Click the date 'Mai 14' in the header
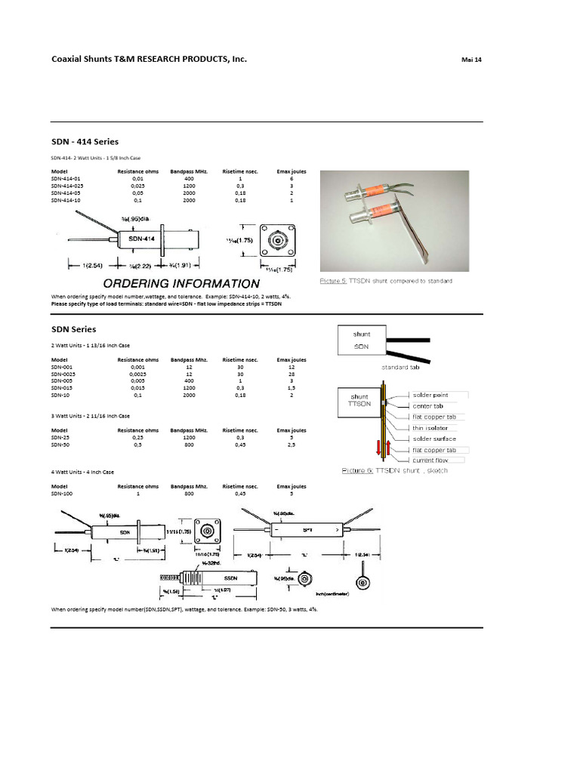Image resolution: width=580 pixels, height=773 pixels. pos(470,60)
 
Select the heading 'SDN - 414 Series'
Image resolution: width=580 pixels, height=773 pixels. pos(85,141)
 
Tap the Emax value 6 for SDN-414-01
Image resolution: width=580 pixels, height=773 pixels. pos(291,179)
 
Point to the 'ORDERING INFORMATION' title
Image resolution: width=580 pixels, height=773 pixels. pos(178,284)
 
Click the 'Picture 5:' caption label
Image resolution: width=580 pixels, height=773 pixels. pos(333,281)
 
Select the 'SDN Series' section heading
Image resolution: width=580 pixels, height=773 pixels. pos(73,329)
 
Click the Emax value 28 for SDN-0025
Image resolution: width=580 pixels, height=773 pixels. pos(291,374)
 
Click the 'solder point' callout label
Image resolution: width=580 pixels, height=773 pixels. pos(430,395)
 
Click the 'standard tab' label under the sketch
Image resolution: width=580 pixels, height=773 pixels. pos(400,367)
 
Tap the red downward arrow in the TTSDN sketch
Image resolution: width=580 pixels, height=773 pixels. pos(378,450)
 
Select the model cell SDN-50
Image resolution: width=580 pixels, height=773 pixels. pos(61,444)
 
